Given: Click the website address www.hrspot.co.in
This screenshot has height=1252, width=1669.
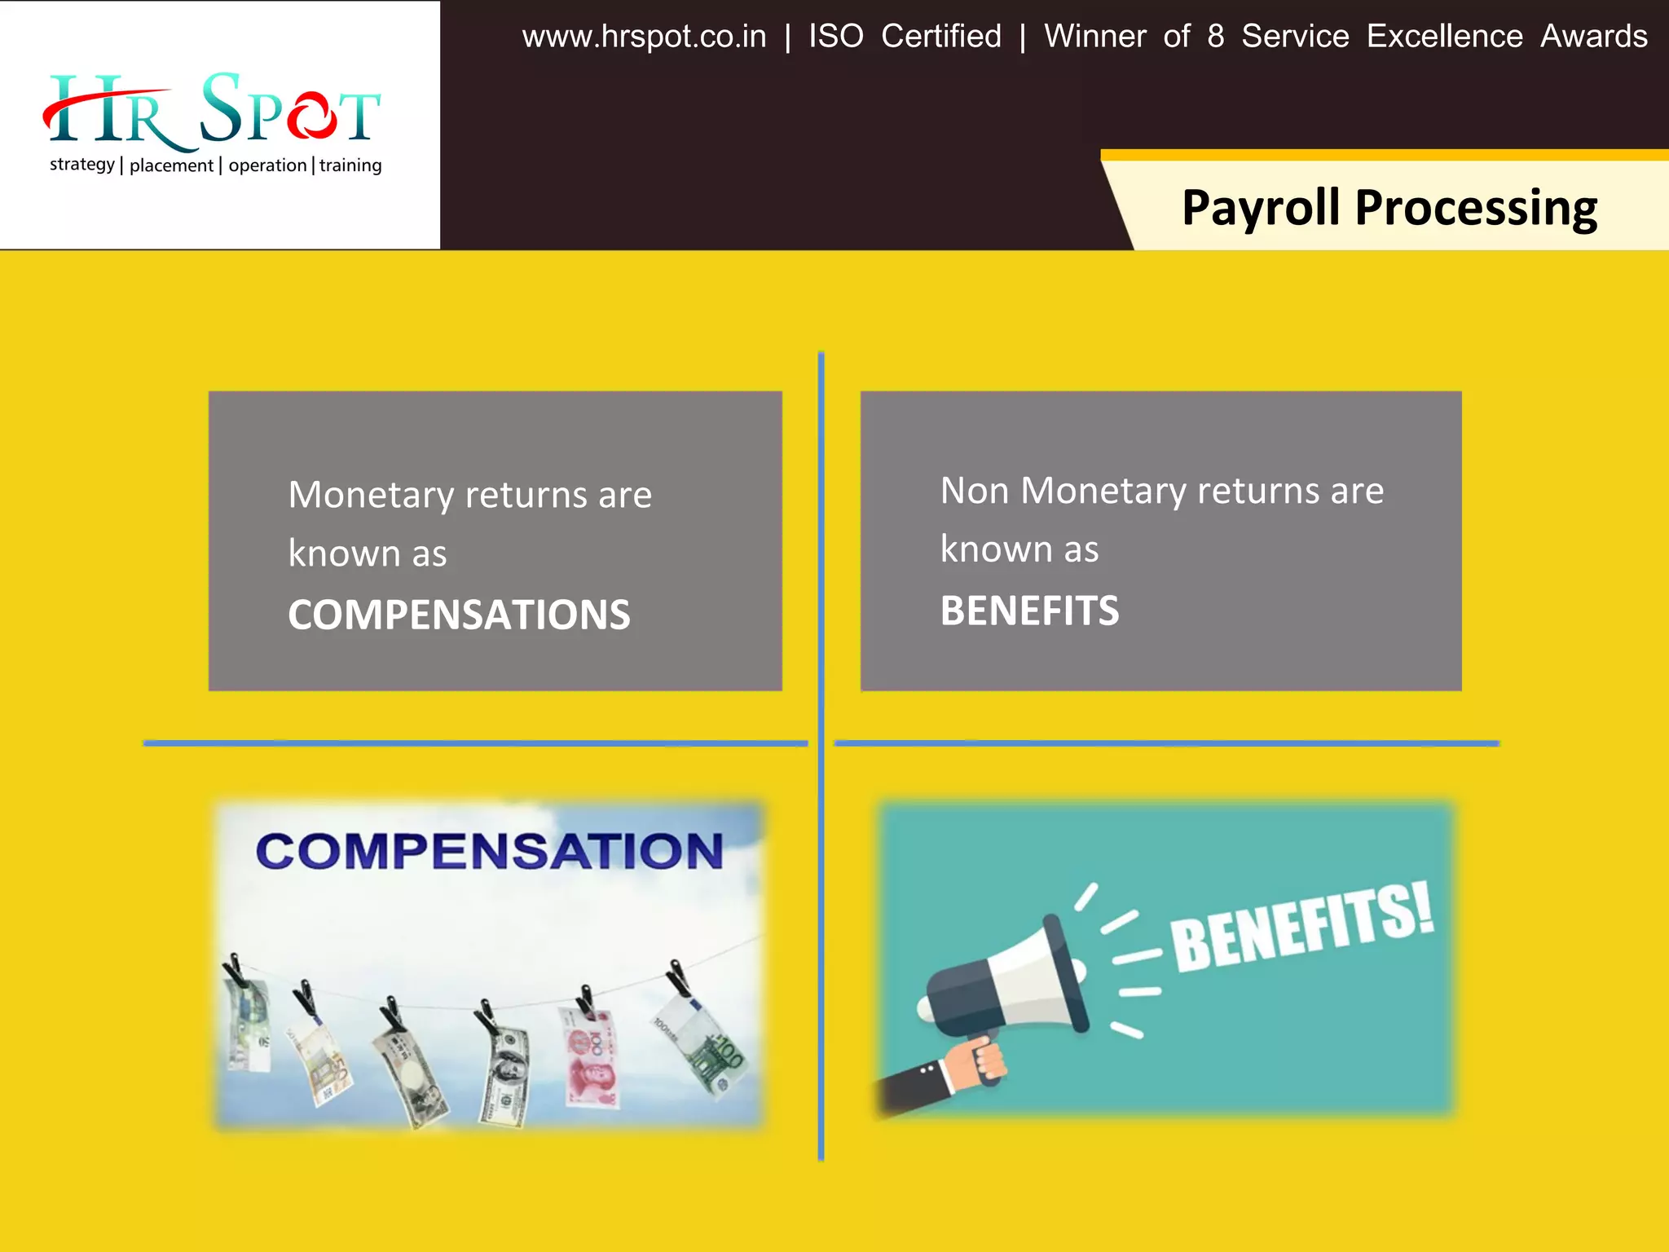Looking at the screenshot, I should pos(644,37).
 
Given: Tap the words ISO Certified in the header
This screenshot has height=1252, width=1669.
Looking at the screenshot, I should pos(905,37).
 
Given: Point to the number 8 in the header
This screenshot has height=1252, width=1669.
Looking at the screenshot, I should pos(1215,37).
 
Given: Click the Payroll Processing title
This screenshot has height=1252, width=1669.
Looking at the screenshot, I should pos(1389,208).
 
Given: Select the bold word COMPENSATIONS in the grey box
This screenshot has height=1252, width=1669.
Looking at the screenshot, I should pos(459,615).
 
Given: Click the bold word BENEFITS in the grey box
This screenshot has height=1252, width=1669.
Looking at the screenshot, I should pos(1029,611).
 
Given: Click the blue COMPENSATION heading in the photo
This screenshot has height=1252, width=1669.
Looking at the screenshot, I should pos(489,851).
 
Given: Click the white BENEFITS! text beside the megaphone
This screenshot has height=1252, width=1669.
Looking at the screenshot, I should pos(1301,929).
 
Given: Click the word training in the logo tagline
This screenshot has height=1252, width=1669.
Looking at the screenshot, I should pos(350,165).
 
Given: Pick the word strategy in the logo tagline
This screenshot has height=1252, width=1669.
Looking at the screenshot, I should pos(81,165).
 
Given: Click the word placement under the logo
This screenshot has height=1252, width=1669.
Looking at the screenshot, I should pos(171,165).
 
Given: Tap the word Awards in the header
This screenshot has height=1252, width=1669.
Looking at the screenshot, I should pos(1593,37).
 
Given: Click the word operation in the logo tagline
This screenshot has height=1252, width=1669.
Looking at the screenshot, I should pos(267,165).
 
